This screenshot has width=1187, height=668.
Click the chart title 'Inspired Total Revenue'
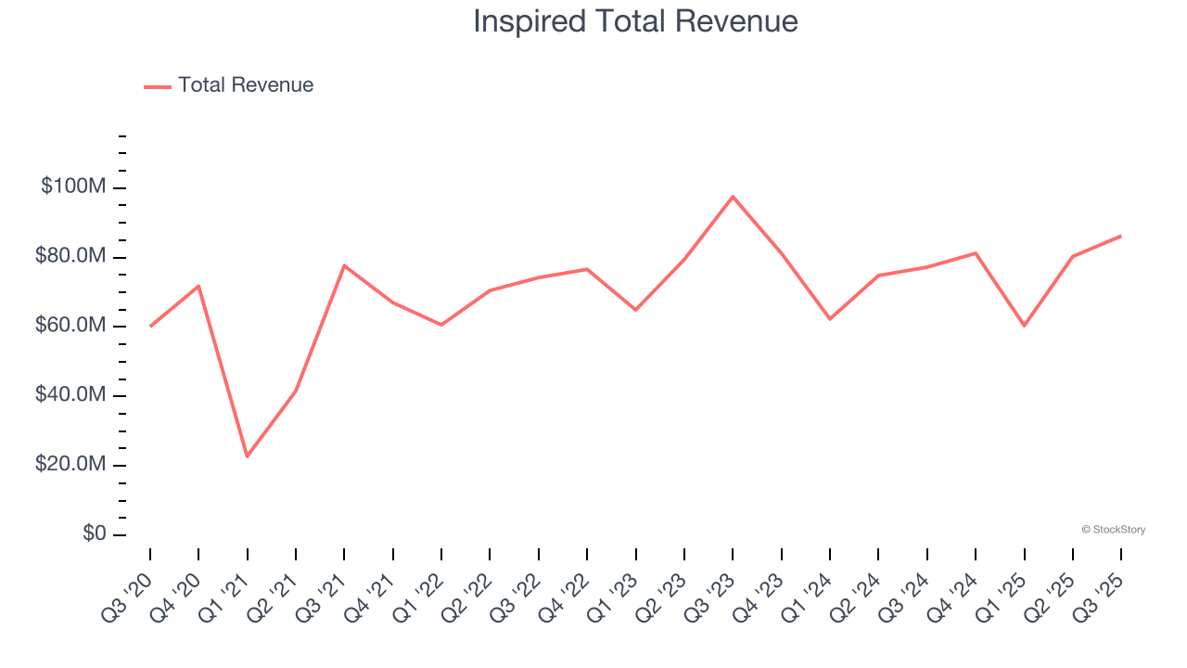pos(635,21)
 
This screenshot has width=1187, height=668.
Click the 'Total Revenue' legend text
pos(246,85)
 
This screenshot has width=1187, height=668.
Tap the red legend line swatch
pos(158,86)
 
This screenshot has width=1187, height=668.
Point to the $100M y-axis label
pos(73,186)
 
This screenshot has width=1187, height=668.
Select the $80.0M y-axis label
pos(70,256)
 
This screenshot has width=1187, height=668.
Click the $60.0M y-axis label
pos(70,326)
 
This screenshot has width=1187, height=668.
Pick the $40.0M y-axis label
pos(70,395)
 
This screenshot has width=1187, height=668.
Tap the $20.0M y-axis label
pos(70,464)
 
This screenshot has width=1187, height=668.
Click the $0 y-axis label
pos(93,533)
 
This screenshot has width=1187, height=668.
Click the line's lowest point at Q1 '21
pos(248,456)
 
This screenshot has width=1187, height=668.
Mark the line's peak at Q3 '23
pos(733,197)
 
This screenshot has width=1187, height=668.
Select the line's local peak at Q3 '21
pos(344,265)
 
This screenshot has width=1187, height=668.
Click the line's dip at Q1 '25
pos(1025,326)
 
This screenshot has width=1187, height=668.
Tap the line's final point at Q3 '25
pos(1121,236)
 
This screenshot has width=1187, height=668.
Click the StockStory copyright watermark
pos(1113,530)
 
